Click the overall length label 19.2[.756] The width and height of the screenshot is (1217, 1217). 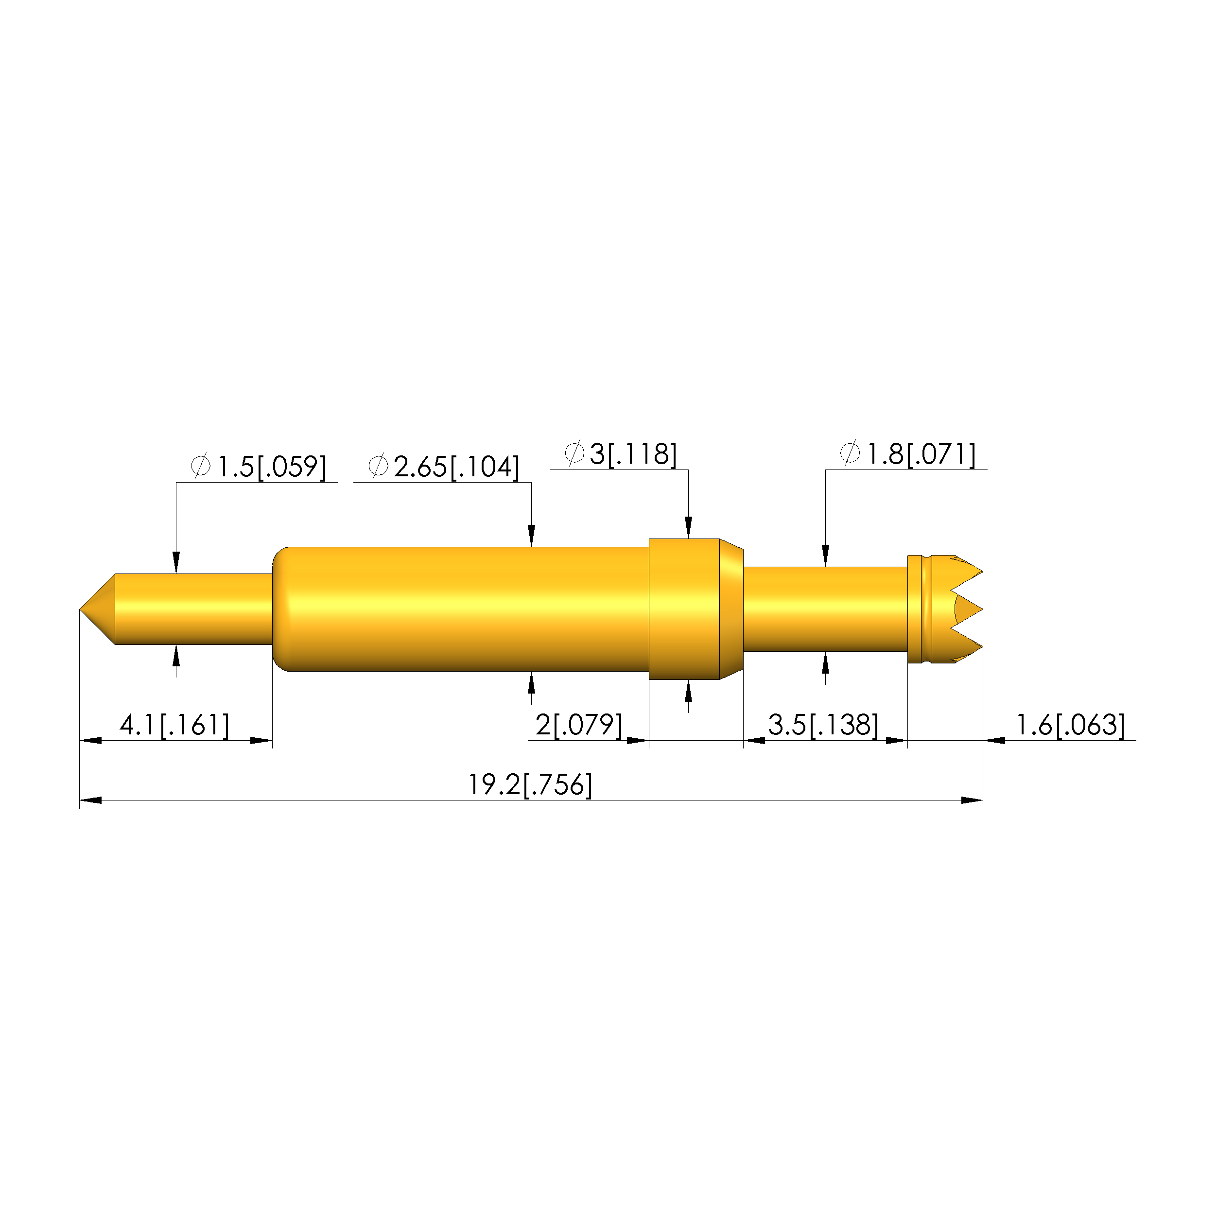pyautogui.click(x=530, y=784)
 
